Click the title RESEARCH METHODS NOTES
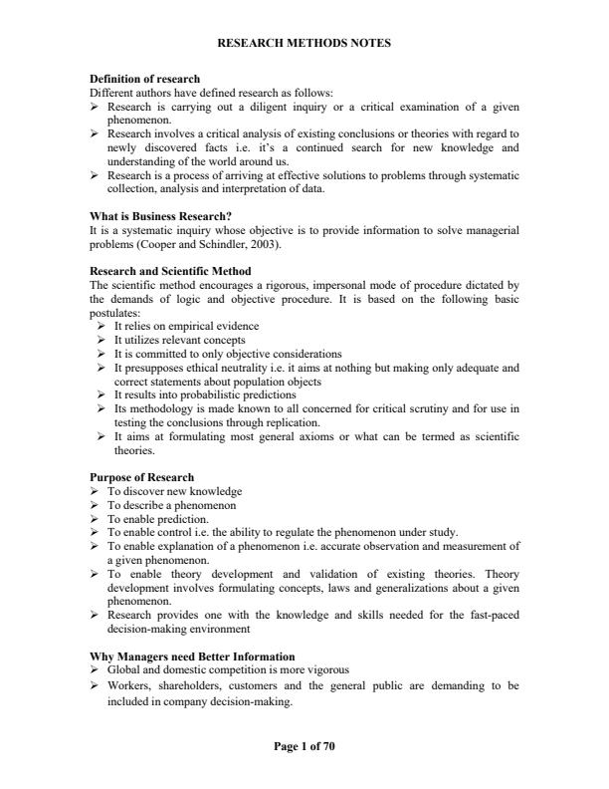304,43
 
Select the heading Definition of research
144,79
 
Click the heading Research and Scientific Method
170,271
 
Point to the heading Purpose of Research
141,477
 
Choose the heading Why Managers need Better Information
192,656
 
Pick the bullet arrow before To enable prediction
95,518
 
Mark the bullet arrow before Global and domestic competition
95,669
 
